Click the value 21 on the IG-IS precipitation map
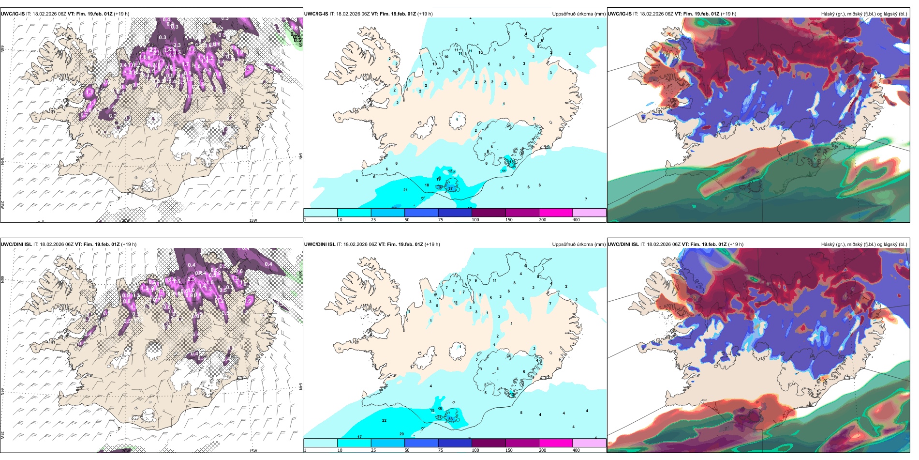click(405, 190)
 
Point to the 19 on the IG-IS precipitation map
click(439, 179)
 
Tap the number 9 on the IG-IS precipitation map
click(494, 50)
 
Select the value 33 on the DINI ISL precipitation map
click(450, 419)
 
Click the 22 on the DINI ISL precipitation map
click(384, 420)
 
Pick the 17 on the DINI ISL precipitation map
click(359, 437)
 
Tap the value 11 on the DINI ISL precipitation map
click(494, 280)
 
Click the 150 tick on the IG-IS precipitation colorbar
click(509, 220)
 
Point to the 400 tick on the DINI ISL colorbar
click(576, 450)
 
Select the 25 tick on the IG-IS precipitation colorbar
click(373, 220)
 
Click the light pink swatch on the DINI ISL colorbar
click(589, 443)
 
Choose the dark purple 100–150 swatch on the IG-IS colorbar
click(488, 213)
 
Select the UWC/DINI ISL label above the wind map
click(16, 245)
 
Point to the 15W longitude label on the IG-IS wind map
click(253, 220)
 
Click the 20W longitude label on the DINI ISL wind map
click(126, 451)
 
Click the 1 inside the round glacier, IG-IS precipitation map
click(457, 120)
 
